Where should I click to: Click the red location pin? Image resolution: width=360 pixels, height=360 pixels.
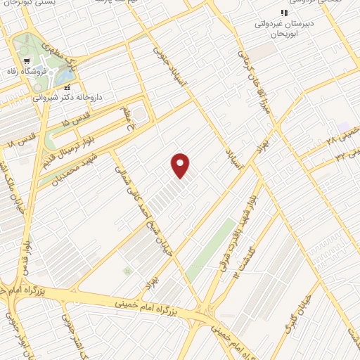click(181, 165)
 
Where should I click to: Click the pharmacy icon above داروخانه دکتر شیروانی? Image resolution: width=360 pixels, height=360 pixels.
click(67, 88)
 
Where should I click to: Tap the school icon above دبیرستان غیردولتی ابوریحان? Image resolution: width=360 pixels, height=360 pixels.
click(284, 13)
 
